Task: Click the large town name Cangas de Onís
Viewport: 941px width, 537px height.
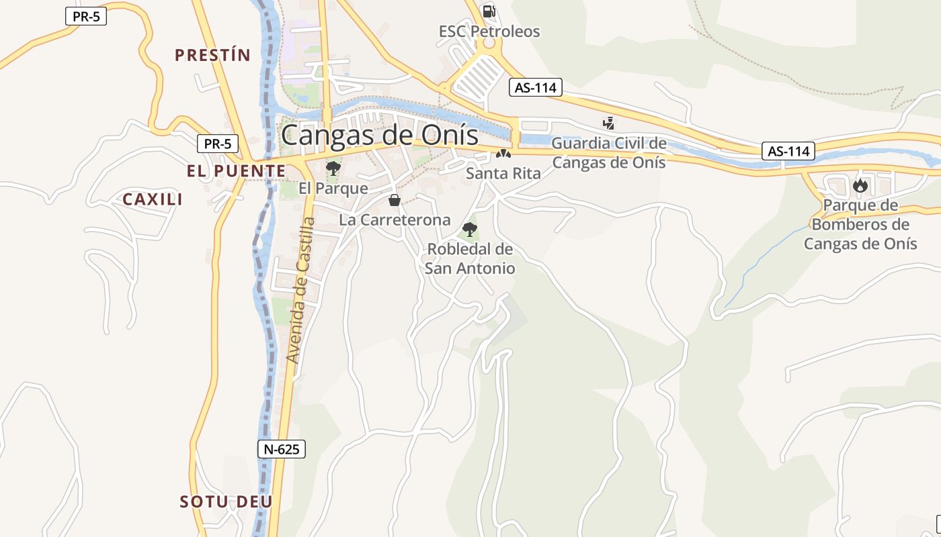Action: point(380,135)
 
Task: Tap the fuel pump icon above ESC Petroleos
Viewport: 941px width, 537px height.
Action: point(489,11)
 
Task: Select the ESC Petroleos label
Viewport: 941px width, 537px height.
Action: point(489,31)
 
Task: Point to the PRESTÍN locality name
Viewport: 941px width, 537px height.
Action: point(212,55)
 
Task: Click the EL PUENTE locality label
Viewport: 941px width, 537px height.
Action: point(237,171)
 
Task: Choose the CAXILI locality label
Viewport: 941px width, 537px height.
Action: point(153,199)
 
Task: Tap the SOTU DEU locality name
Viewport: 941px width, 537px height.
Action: point(227,501)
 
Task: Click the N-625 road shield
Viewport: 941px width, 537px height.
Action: point(282,449)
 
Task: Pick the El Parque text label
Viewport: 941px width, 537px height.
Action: point(333,189)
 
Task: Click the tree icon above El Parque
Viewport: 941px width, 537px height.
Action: point(333,168)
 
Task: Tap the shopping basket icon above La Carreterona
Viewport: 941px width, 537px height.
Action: point(395,200)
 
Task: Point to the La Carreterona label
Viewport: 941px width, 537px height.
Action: point(395,219)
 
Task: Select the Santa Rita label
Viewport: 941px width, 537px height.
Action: point(503,173)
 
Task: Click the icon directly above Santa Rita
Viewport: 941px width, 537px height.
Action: point(503,154)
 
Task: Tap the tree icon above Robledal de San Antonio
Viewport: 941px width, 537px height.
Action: point(470,230)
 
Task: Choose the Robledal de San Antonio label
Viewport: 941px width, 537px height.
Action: point(470,258)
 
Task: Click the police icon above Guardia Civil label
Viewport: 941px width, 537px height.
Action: point(608,123)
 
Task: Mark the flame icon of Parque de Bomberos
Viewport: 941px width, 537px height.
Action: point(860,185)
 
